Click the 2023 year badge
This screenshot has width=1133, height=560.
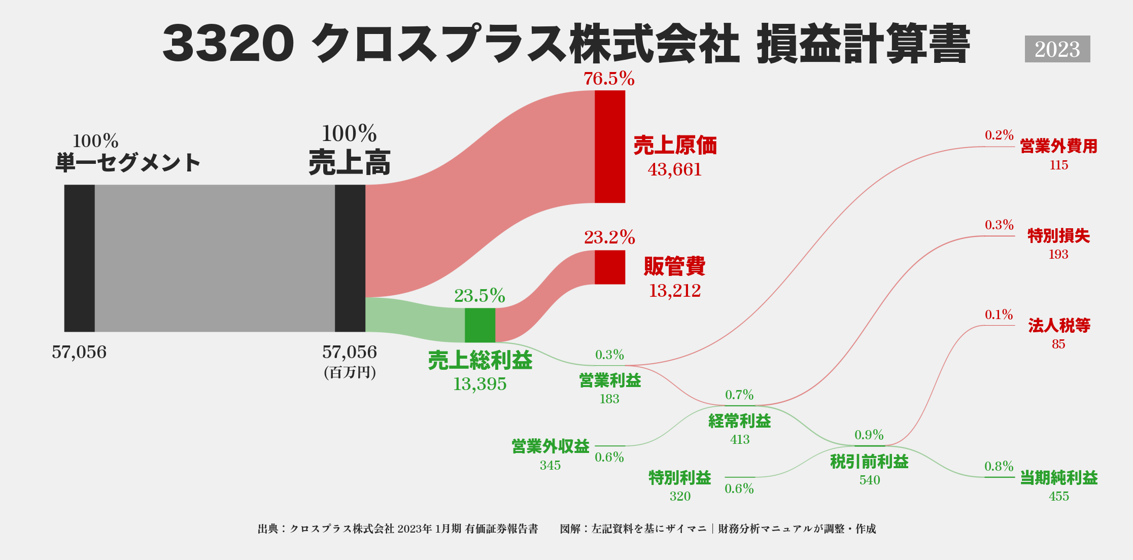[x=1057, y=49]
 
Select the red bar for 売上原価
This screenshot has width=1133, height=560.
[x=610, y=147]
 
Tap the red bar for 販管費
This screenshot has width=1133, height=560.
[x=610, y=267]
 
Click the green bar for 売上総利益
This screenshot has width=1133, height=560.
[x=480, y=325]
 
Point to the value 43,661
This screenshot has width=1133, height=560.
[x=675, y=169]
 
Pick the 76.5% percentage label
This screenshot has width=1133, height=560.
[x=609, y=79]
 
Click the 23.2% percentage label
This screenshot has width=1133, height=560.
[x=609, y=237]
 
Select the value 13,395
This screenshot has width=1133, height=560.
[x=480, y=384]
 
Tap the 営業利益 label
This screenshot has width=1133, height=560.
[x=610, y=380]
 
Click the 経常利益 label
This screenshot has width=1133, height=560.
[x=740, y=421]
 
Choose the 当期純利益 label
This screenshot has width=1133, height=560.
[x=1059, y=478]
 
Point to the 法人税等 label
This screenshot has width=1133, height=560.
[x=1059, y=326]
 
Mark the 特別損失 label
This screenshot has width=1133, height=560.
[x=1059, y=236]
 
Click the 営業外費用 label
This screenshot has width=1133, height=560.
[x=1059, y=147]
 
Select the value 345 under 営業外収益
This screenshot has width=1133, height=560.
[x=550, y=465]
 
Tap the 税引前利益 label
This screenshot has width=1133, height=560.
[x=869, y=462]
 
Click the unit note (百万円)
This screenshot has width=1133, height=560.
[x=350, y=373]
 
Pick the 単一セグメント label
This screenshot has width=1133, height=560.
[x=128, y=163]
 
